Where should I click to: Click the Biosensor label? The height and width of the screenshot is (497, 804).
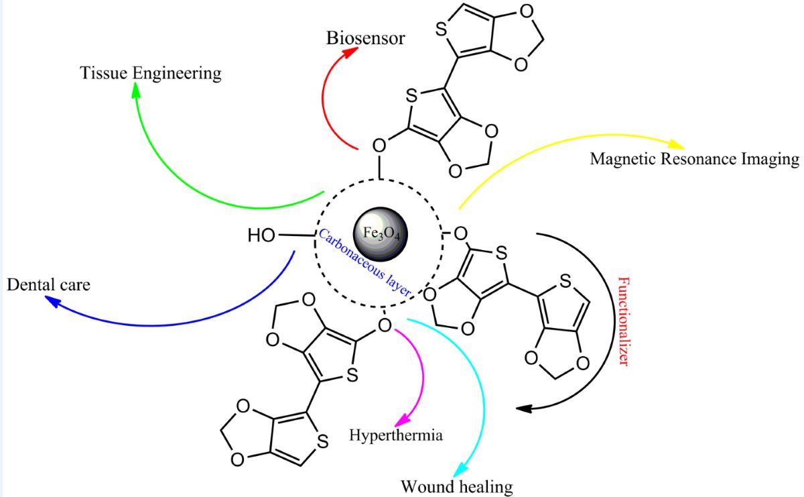[x=365, y=38]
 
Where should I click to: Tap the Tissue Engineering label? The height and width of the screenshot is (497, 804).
[x=151, y=72]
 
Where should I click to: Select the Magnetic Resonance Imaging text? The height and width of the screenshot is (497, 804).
[x=694, y=159]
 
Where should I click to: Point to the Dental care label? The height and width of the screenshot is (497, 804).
[x=48, y=284]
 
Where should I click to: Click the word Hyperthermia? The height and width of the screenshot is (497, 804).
[x=396, y=435]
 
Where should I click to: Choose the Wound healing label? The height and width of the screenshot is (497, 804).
[x=456, y=486]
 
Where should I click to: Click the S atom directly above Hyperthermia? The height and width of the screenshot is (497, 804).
[x=351, y=376]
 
